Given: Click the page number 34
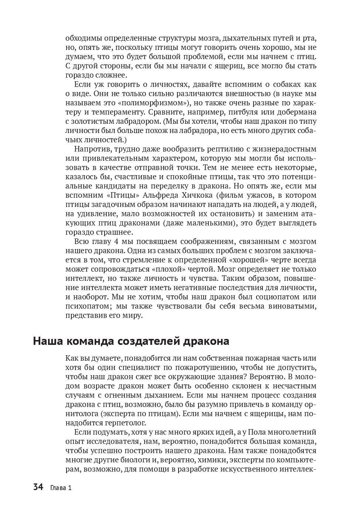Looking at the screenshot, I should click(x=38, y=487).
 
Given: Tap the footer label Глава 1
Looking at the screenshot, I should click(x=61, y=488).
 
